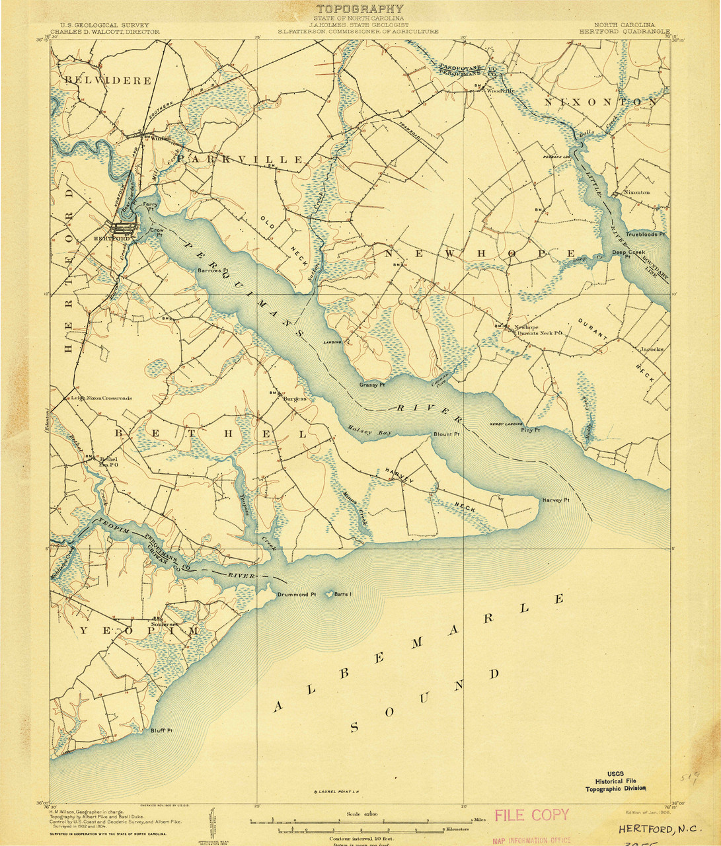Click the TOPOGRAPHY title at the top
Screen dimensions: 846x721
[x=360, y=9]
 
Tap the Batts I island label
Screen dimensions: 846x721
[x=342, y=594]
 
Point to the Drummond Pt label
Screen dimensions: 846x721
[x=297, y=594]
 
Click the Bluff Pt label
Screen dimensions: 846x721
[x=161, y=731]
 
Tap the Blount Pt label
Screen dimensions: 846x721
[x=446, y=434]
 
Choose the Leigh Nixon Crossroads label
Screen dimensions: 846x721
[x=102, y=399]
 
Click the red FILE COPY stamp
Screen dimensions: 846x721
[x=531, y=815]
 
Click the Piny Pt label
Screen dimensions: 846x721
[x=530, y=430]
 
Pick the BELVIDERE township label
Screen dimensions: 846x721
[x=108, y=81]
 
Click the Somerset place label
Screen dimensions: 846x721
[x=165, y=624]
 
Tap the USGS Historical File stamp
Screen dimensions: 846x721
[x=616, y=781]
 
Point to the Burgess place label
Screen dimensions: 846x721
[x=295, y=399]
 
